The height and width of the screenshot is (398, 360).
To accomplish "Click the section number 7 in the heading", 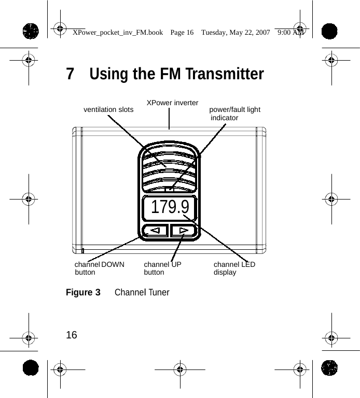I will (70, 74).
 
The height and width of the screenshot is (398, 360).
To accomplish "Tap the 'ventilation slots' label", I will (108, 109).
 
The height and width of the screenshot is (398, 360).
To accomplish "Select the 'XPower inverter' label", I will (172, 103).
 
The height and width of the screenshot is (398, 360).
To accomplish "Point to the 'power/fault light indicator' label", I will (234, 113).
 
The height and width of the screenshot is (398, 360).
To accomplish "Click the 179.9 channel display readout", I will (170, 207).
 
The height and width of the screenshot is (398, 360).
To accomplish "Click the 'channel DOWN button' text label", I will (100, 268).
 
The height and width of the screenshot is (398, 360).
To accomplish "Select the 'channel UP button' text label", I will (162, 268).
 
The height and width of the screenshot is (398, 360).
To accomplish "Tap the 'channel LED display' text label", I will (234, 268).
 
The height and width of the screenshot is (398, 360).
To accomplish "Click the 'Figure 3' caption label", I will (83, 292).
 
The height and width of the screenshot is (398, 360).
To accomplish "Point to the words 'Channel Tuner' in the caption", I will (142, 292).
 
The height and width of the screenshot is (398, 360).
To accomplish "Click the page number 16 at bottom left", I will (72, 335).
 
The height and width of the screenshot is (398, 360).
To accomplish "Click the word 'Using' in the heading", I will (109, 74).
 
